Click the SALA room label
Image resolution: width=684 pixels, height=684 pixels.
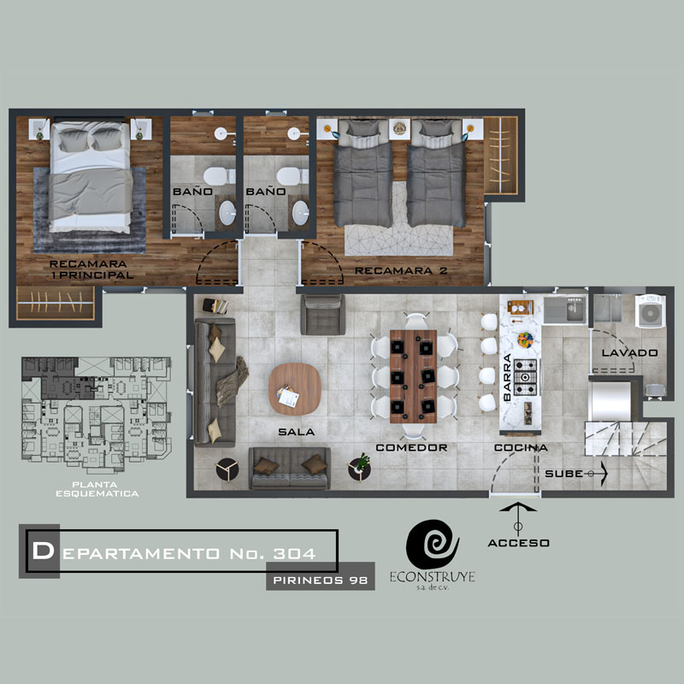pos(296,432)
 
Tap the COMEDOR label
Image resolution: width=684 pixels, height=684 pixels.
pos(411,447)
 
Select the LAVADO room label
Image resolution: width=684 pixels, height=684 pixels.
pos(629,353)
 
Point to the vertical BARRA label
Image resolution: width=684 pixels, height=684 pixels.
pos(507,377)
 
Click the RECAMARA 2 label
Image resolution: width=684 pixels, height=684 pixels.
pos(401,271)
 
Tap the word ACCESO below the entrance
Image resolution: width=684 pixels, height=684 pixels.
pos(518,543)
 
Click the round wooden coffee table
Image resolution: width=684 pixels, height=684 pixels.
pos(295,389)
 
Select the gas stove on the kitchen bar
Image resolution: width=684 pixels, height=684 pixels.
pos(526,377)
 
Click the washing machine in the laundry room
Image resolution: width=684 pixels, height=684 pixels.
pos(650,311)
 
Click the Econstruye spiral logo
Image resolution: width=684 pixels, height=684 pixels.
pos(433,544)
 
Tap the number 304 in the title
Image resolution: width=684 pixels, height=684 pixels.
pos(294,553)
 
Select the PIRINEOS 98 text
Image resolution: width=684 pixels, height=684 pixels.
pos(320,581)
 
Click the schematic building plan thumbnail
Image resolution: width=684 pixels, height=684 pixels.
pos(97,415)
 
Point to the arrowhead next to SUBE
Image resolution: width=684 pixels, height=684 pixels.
pos(604,474)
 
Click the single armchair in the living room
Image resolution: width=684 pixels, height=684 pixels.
pos(323,315)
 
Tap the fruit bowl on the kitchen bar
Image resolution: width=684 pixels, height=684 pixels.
pos(526,339)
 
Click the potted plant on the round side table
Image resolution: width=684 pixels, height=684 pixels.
pos(361,463)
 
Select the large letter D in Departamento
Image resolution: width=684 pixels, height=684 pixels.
pos(43,551)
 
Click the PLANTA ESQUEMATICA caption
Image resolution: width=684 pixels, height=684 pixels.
pos(97,489)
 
